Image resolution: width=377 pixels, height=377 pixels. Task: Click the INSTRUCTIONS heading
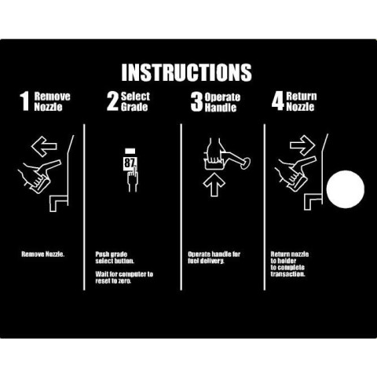(x=186, y=72)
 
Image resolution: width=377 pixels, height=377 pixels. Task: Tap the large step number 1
(x=24, y=101)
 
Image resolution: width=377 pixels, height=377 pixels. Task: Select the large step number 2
(x=112, y=101)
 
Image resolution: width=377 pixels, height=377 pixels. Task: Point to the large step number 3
(x=196, y=102)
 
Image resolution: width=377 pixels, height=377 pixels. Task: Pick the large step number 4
(x=277, y=101)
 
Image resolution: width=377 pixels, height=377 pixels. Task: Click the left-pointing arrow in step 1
(x=44, y=146)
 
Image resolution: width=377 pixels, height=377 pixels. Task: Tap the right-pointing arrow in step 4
(x=302, y=145)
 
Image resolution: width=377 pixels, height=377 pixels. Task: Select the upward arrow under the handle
(x=214, y=184)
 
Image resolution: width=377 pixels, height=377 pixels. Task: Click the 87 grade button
(x=130, y=163)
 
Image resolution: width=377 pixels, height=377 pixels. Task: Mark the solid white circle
(x=346, y=189)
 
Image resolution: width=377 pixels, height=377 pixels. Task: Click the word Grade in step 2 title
(x=134, y=107)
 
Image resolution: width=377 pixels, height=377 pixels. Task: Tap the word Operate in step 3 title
(x=222, y=97)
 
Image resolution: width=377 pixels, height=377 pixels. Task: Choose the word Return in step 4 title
(x=302, y=96)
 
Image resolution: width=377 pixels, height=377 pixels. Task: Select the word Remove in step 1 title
(x=53, y=96)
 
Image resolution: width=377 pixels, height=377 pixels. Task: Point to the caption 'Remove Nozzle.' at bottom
(x=43, y=254)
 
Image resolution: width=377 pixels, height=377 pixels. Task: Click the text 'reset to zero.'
(x=113, y=281)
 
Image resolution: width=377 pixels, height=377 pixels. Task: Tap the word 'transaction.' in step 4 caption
(x=287, y=274)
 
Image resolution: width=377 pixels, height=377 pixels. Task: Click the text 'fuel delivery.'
(x=206, y=261)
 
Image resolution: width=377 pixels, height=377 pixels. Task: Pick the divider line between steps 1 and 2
(x=84, y=207)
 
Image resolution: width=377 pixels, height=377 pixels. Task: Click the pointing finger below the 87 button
(x=133, y=179)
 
